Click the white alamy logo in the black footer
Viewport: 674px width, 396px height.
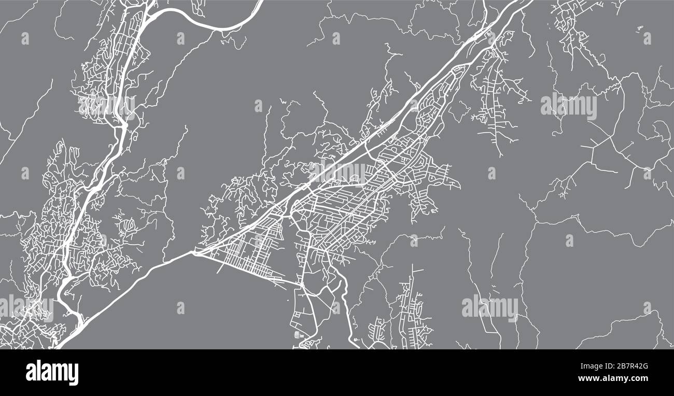click(x=52, y=372)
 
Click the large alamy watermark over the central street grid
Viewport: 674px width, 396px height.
click(x=338, y=173)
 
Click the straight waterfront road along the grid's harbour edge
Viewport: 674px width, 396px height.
click(x=244, y=268)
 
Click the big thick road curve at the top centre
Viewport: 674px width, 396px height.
click(x=207, y=26)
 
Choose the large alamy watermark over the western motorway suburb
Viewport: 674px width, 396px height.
click(x=106, y=106)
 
